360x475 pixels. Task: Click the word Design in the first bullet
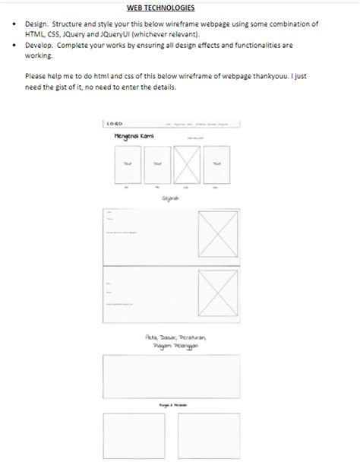coord(38,24)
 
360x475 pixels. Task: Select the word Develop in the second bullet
coord(39,46)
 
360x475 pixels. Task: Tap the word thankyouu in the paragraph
coord(267,77)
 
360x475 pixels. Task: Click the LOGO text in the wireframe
coord(115,123)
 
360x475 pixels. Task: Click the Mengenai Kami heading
coord(134,136)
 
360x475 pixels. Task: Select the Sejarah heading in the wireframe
coord(170,198)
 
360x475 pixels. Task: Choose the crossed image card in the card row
coord(186,164)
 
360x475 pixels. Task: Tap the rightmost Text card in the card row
coord(216,164)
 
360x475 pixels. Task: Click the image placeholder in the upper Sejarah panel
coord(218,233)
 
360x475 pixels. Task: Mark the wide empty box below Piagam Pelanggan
coord(171,377)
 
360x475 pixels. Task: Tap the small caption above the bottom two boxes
coord(172,406)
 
